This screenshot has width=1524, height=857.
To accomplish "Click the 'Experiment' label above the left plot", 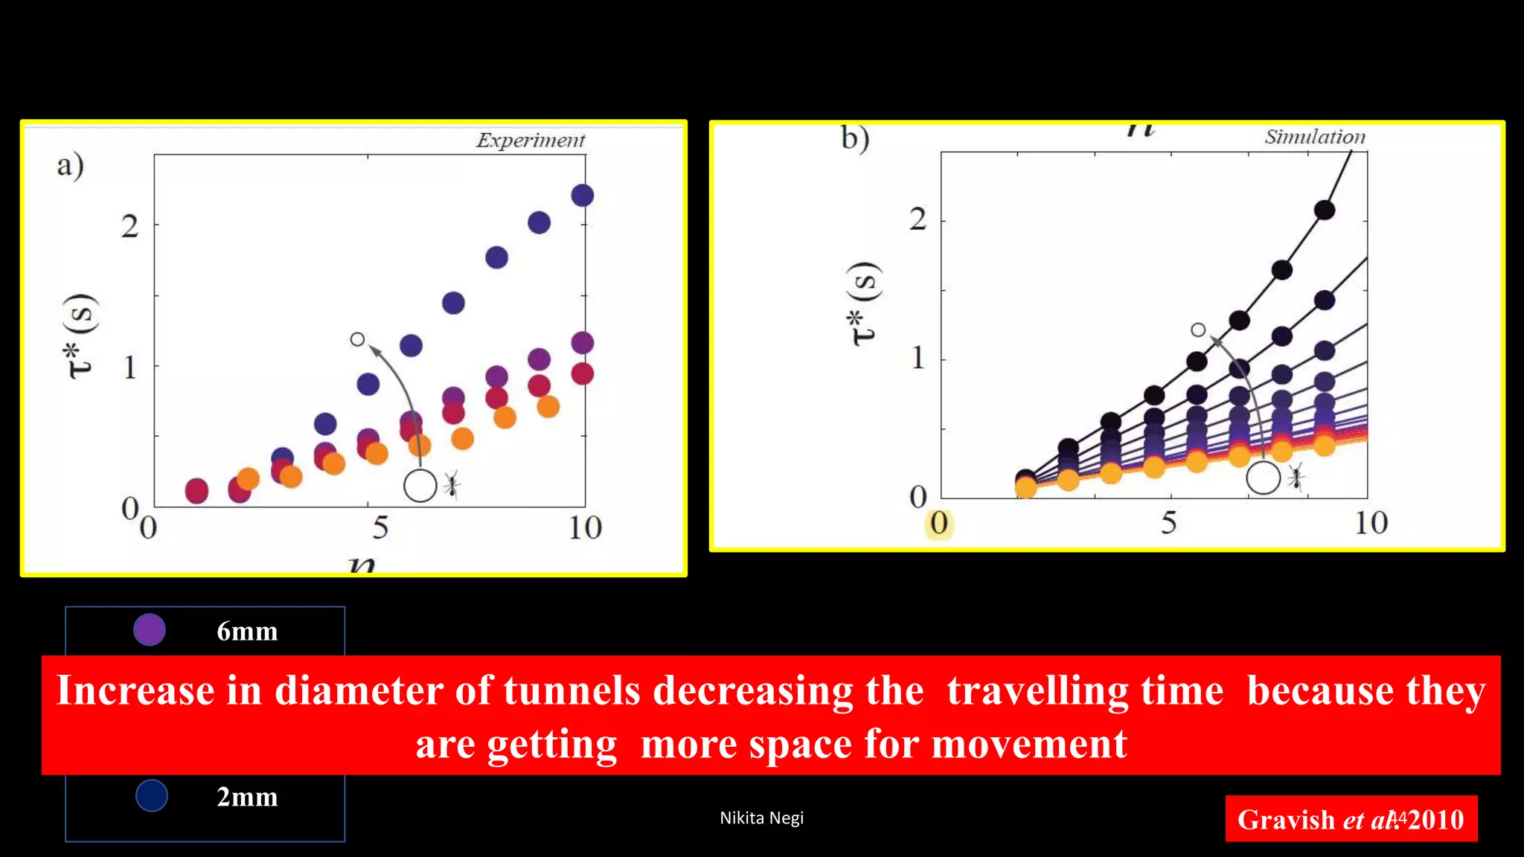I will pyautogui.click(x=531, y=140).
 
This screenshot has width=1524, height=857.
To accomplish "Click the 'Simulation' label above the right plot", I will pyautogui.click(x=1315, y=137).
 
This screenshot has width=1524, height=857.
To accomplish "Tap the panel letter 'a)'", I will pyautogui.click(x=70, y=165).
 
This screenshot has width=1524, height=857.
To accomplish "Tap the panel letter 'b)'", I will pyautogui.click(x=855, y=138).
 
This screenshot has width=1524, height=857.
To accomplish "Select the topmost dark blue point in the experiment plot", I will pyautogui.click(x=582, y=196).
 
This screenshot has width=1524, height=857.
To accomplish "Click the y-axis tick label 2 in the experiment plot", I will pyautogui.click(x=130, y=226).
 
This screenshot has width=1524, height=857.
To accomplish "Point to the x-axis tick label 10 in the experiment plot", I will pyautogui.click(x=585, y=528).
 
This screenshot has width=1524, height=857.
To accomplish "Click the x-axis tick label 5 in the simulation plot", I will pyautogui.click(x=1169, y=523).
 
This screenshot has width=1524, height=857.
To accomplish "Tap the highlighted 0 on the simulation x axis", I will pyautogui.click(x=939, y=523).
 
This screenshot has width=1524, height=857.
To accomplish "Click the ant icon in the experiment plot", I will pyautogui.click(x=452, y=484).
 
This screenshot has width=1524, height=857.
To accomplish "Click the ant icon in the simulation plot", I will pyautogui.click(x=1296, y=478).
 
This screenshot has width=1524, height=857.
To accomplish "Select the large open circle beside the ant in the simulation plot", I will pyautogui.click(x=1263, y=478).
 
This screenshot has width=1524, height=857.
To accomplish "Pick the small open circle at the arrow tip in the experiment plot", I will pyautogui.click(x=357, y=339).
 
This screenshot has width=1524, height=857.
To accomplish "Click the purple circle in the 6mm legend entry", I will pyautogui.click(x=150, y=630).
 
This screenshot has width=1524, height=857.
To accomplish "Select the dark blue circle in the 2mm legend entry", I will pyautogui.click(x=152, y=795).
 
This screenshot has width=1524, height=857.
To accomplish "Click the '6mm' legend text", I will pyautogui.click(x=247, y=632).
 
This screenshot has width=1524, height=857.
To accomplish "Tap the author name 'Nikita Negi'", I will pyautogui.click(x=761, y=818).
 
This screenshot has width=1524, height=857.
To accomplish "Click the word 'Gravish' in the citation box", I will pyautogui.click(x=1286, y=820).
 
